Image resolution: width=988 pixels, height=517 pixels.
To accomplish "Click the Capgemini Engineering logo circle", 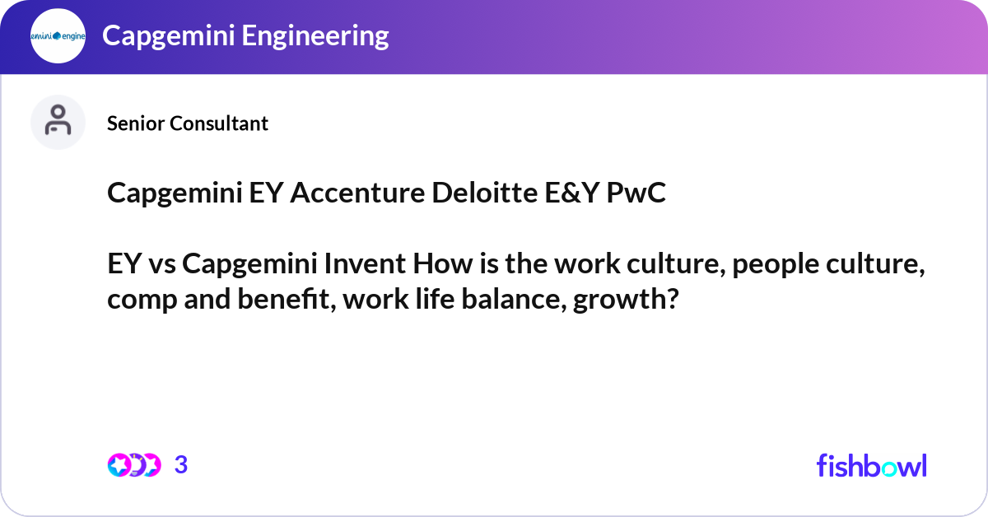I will pos(58,36).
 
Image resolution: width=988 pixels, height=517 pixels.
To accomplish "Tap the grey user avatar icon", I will pos(58,123).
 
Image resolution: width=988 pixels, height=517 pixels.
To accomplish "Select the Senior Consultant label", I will pos(188,123).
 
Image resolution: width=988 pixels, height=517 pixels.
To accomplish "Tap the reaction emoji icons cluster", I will pos(133,465).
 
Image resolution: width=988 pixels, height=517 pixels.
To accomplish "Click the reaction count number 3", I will pos(181,465).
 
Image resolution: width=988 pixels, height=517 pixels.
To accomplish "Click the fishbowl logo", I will pos(871,465).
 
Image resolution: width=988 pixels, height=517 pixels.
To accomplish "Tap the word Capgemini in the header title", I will pos(162,35).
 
